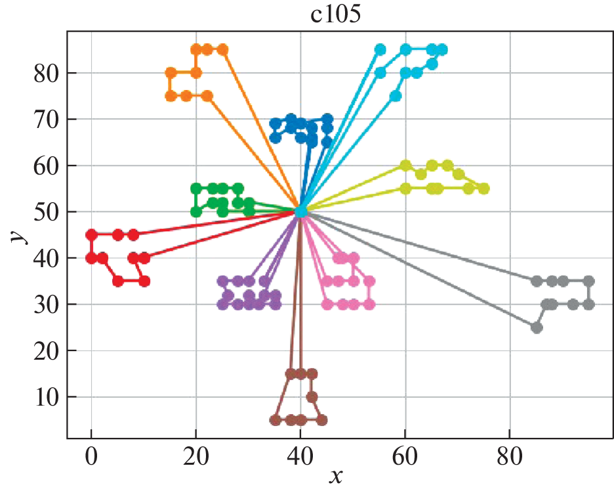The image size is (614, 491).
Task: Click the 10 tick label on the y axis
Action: pos(47,397)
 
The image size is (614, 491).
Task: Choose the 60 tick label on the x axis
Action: pos(405,455)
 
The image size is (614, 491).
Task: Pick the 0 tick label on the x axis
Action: pos(91,455)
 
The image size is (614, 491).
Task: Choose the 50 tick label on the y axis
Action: pos(47,212)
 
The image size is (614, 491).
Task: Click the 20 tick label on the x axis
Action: pos(195,455)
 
